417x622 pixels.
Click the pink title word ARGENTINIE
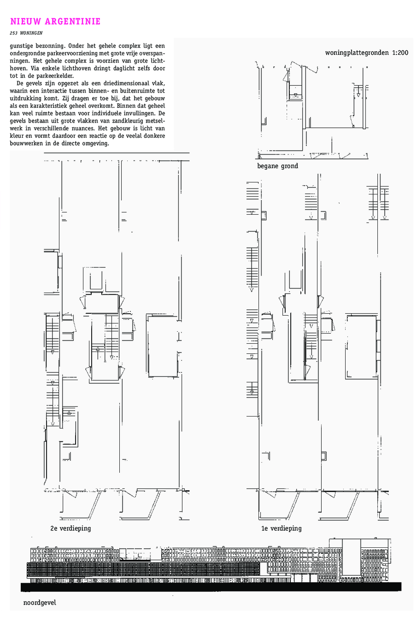coord(72,21)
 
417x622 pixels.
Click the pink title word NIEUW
coord(26,21)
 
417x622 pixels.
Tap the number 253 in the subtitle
coord(14,33)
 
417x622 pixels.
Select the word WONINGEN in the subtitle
coord(31,33)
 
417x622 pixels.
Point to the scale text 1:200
coord(400,53)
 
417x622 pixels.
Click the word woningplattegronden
coord(357,53)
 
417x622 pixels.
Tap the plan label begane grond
coord(278,166)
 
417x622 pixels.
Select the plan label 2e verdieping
coord(70,528)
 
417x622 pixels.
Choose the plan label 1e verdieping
coord(282,528)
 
